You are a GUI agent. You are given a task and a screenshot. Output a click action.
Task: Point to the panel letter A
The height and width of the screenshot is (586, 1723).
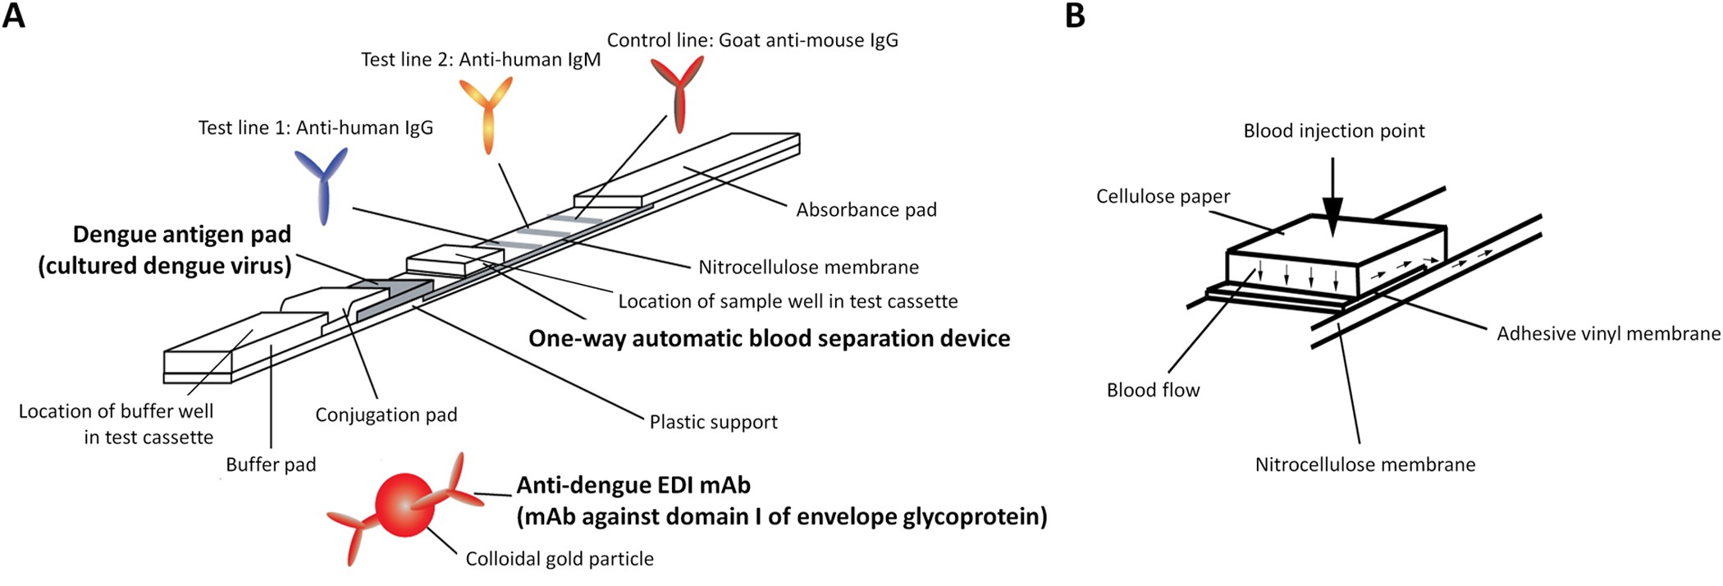(14, 16)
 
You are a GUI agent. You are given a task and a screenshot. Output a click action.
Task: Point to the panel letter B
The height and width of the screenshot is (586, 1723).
(1075, 16)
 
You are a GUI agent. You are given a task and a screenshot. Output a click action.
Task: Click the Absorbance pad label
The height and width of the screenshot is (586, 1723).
(866, 210)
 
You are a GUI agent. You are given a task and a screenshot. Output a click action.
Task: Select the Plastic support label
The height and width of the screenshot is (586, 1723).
(713, 423)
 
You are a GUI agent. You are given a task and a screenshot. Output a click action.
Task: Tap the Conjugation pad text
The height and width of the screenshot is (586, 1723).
(386, 415)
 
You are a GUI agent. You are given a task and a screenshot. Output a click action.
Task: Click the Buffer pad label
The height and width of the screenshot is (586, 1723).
(271, 465)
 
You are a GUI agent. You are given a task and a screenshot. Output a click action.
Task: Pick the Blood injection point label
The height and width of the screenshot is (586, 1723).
(1333, 131)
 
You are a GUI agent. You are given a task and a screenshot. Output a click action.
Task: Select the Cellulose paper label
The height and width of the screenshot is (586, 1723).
(1163, 197)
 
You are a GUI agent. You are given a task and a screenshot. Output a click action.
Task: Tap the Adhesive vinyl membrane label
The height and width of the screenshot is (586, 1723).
(1607, 334)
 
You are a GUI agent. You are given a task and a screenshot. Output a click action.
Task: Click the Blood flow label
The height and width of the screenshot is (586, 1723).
(1153, 391)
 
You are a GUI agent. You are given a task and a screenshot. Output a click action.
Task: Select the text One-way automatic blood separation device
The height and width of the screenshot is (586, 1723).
(769, 339)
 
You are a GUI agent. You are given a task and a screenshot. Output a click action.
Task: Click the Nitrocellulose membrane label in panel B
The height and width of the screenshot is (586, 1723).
(1364, 465)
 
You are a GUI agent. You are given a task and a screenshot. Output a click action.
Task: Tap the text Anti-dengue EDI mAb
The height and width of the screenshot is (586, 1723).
(633, 486)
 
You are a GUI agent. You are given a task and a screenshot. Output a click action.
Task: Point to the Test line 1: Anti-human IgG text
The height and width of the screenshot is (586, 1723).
(315, 128)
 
